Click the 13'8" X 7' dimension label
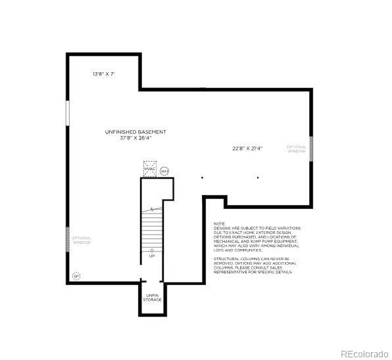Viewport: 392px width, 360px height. (104, 74)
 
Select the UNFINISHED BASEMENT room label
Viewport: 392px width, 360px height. (135, 132)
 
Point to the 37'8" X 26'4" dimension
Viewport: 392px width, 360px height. (135, 138)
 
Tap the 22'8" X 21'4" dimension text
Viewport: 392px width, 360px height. (247, 148)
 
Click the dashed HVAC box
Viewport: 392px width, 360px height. (150, 168)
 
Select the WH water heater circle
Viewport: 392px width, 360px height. (164, 171)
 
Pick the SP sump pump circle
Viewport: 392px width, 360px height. (76, 276)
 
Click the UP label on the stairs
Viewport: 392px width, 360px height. (152, 256)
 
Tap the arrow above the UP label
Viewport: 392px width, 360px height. (152, 249)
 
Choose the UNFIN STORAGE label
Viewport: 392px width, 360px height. (153, 298)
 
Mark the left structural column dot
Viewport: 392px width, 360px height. (202, 177)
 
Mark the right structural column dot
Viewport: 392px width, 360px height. (257, 177)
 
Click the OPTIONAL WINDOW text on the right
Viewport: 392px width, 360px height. (297, 149)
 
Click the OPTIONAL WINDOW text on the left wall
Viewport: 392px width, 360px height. (82, 240)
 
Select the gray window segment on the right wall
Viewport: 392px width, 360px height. (310, 148)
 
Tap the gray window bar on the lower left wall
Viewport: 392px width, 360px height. (68, 239)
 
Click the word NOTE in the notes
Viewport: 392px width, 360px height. (219, 223)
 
